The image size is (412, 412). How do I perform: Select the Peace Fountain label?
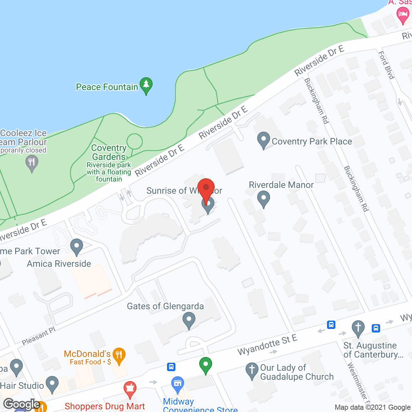[x=107, y=87]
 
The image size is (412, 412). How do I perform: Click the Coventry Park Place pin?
[x=264, y=140]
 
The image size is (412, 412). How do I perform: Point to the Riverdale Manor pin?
[x=264, y=199]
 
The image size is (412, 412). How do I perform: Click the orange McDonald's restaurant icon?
[x=119, y=356]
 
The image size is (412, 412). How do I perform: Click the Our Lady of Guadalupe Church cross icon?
[x=252, y=370]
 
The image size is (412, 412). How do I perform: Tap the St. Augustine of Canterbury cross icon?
[x=358, y=329]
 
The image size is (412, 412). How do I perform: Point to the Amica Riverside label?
[x=59, y=264]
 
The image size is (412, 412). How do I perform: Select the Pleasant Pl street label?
[x=39, y=336]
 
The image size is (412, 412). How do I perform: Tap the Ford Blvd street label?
[x=386, y=65]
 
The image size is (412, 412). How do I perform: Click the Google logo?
[x=21, y=404]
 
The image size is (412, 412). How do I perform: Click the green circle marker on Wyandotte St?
[x=206, y=365]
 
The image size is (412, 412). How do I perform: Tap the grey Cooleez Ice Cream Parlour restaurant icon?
[x=32, y=163]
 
